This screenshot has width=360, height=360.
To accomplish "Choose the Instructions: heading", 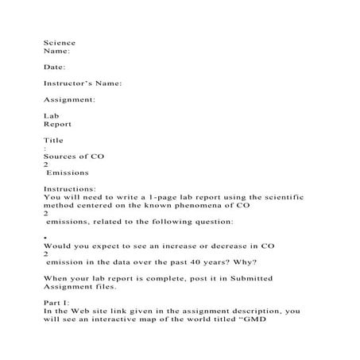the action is [x=70, y=188].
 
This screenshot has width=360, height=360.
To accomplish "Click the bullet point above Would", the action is [x=45, y=238].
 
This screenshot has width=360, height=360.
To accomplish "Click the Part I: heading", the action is [x=56, y=303].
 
